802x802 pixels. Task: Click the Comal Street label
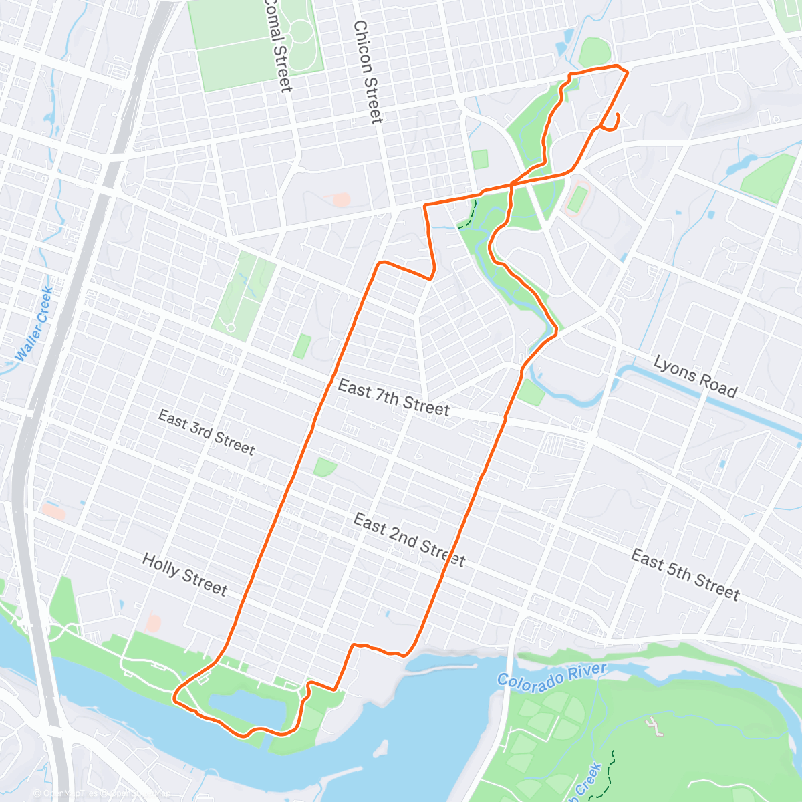(277, 45)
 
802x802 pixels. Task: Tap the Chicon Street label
(368, 72)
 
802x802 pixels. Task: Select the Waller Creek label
(35, 324)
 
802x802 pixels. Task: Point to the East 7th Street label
(393, 398)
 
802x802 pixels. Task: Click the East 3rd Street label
(207, 433)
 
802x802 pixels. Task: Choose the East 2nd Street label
(408, 539)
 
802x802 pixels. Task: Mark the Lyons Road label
(695, 377)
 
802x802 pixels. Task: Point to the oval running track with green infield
(577, 199)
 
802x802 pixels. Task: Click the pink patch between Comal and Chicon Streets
(341, 199)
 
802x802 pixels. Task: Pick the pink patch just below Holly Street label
(154, 624)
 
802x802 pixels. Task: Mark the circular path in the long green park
(231, 327)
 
